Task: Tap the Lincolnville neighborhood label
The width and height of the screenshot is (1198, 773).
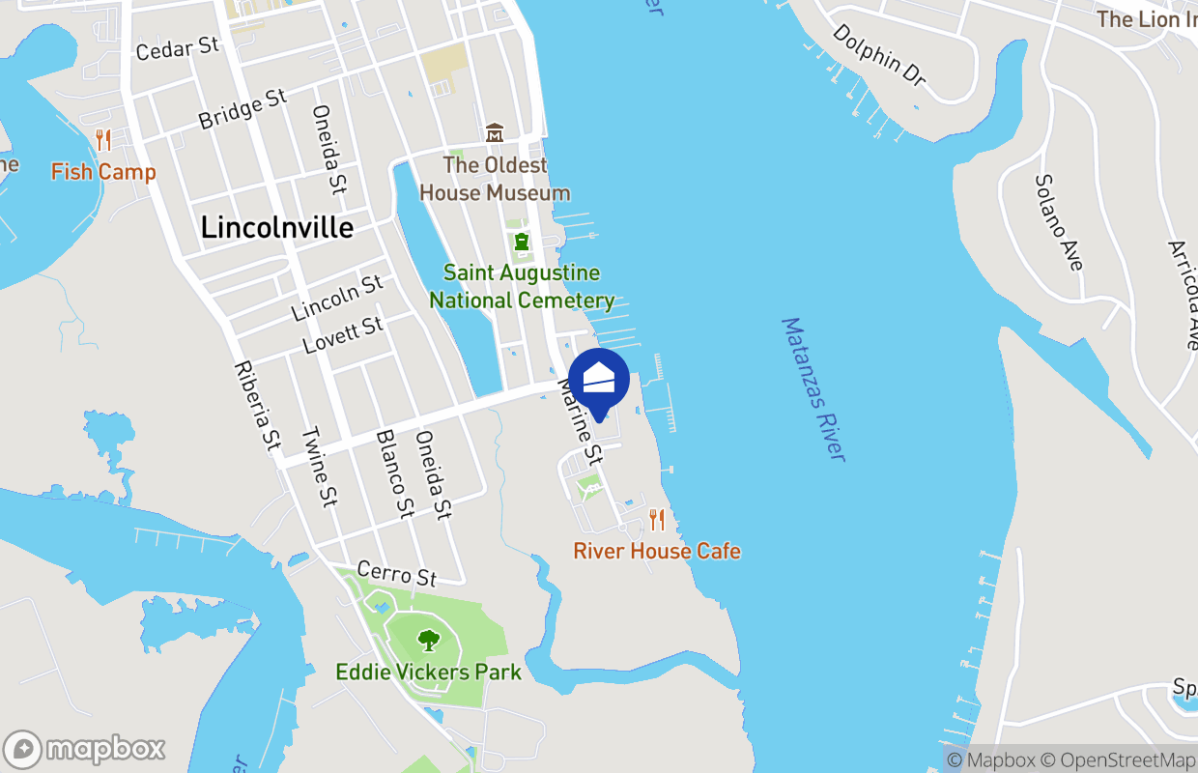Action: (276, 227)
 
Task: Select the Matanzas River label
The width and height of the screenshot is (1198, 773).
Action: (813, 388)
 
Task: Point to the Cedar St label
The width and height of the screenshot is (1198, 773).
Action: (178, 48)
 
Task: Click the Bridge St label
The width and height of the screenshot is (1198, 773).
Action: (242, 108)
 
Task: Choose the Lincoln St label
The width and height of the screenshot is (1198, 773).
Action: (337, 299)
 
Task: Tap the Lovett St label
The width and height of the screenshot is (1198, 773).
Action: (342, 335)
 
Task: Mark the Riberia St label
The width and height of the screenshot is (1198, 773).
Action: (257, 407)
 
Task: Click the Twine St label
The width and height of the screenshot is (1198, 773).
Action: (319, 468)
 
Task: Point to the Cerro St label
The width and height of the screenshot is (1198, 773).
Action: (396, 574)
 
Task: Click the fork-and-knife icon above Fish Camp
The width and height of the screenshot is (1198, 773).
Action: (103, 141)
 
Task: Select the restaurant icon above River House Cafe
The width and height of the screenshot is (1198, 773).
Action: (657, 520)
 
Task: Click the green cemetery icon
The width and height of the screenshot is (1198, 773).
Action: (522, 241)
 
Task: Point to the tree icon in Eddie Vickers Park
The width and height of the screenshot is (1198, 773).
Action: (428, 640)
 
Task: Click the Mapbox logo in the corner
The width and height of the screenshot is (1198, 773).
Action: (85, 750)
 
